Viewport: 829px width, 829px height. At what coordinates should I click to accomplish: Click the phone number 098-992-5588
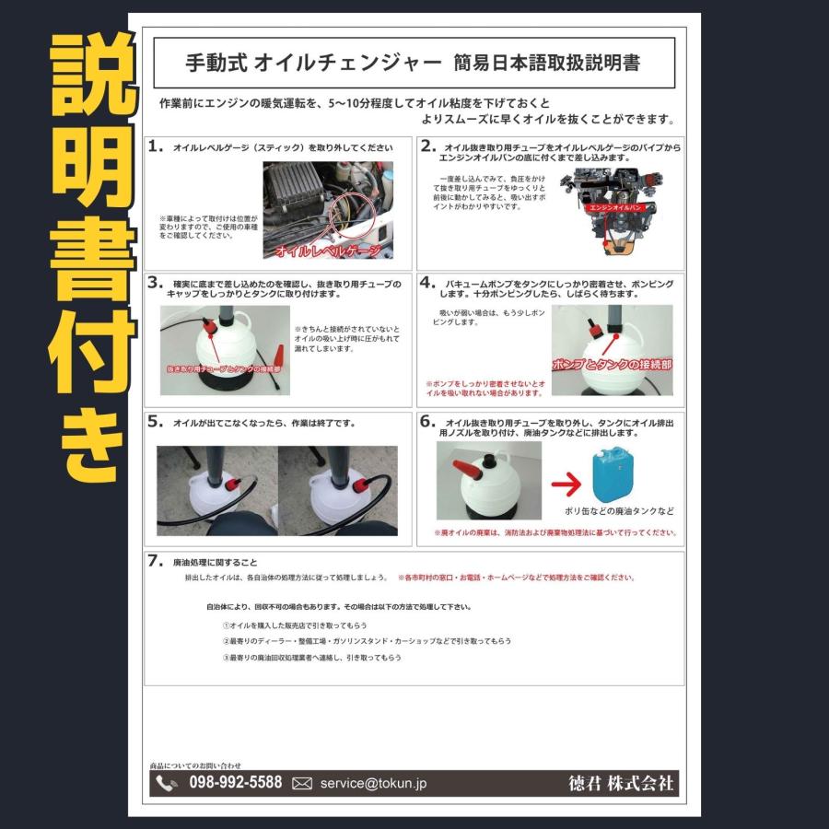tap(235, 783)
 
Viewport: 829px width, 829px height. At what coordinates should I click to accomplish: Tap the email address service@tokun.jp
tap(373, 784)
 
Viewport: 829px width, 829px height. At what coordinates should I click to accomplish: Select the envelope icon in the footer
tap(302, 784)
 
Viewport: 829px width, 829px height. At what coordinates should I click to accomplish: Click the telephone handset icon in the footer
tap(167, 784)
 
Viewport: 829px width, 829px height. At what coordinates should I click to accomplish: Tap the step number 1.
tap(156, 146)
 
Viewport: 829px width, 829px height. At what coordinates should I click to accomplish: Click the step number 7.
tap(156, 560)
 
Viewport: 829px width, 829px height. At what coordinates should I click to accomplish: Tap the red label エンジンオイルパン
tap(620, 209)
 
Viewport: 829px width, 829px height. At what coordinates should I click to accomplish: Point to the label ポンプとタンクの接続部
tap(612, 365)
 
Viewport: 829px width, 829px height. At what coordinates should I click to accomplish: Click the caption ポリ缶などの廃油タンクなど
tap(619, 511)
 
